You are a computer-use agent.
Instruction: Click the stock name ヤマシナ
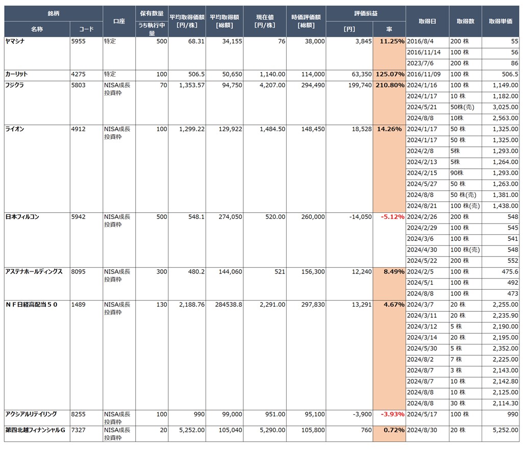point(15,41)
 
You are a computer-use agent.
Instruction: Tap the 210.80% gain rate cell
point(390,85)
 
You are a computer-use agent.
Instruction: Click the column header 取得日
point(427,21)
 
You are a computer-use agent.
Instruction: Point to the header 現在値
point(264,21)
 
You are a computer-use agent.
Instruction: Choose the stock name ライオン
point(14,129)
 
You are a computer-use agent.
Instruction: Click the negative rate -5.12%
point(392,217)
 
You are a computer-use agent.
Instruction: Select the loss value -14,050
point(360,217)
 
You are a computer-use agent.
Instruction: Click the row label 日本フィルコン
point(22,217)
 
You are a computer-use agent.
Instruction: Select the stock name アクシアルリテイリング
point(31,414)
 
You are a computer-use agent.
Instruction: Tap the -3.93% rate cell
point(392,414)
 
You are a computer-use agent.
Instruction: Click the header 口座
point(119,21)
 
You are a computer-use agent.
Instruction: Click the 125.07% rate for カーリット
point(390,74)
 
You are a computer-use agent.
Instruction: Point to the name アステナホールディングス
point(34,271)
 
